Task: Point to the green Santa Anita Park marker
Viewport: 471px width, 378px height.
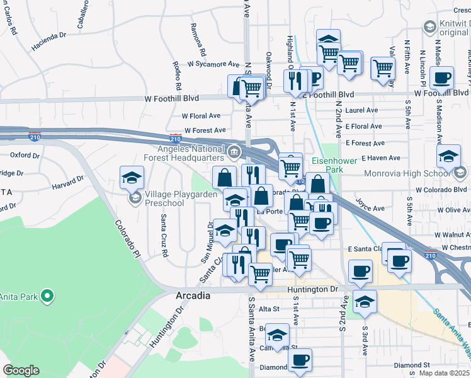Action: click(47, 295)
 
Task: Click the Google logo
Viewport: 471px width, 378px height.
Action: click(21, 370)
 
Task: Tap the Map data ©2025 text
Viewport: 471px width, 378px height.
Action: click(444, 373)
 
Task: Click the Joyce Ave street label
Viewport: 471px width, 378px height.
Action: click(370, 208)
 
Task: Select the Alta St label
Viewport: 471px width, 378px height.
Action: click(268, 309)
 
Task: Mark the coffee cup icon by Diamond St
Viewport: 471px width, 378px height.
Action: click(300, 360)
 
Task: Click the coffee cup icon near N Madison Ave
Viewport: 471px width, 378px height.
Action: click(442, 78)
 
